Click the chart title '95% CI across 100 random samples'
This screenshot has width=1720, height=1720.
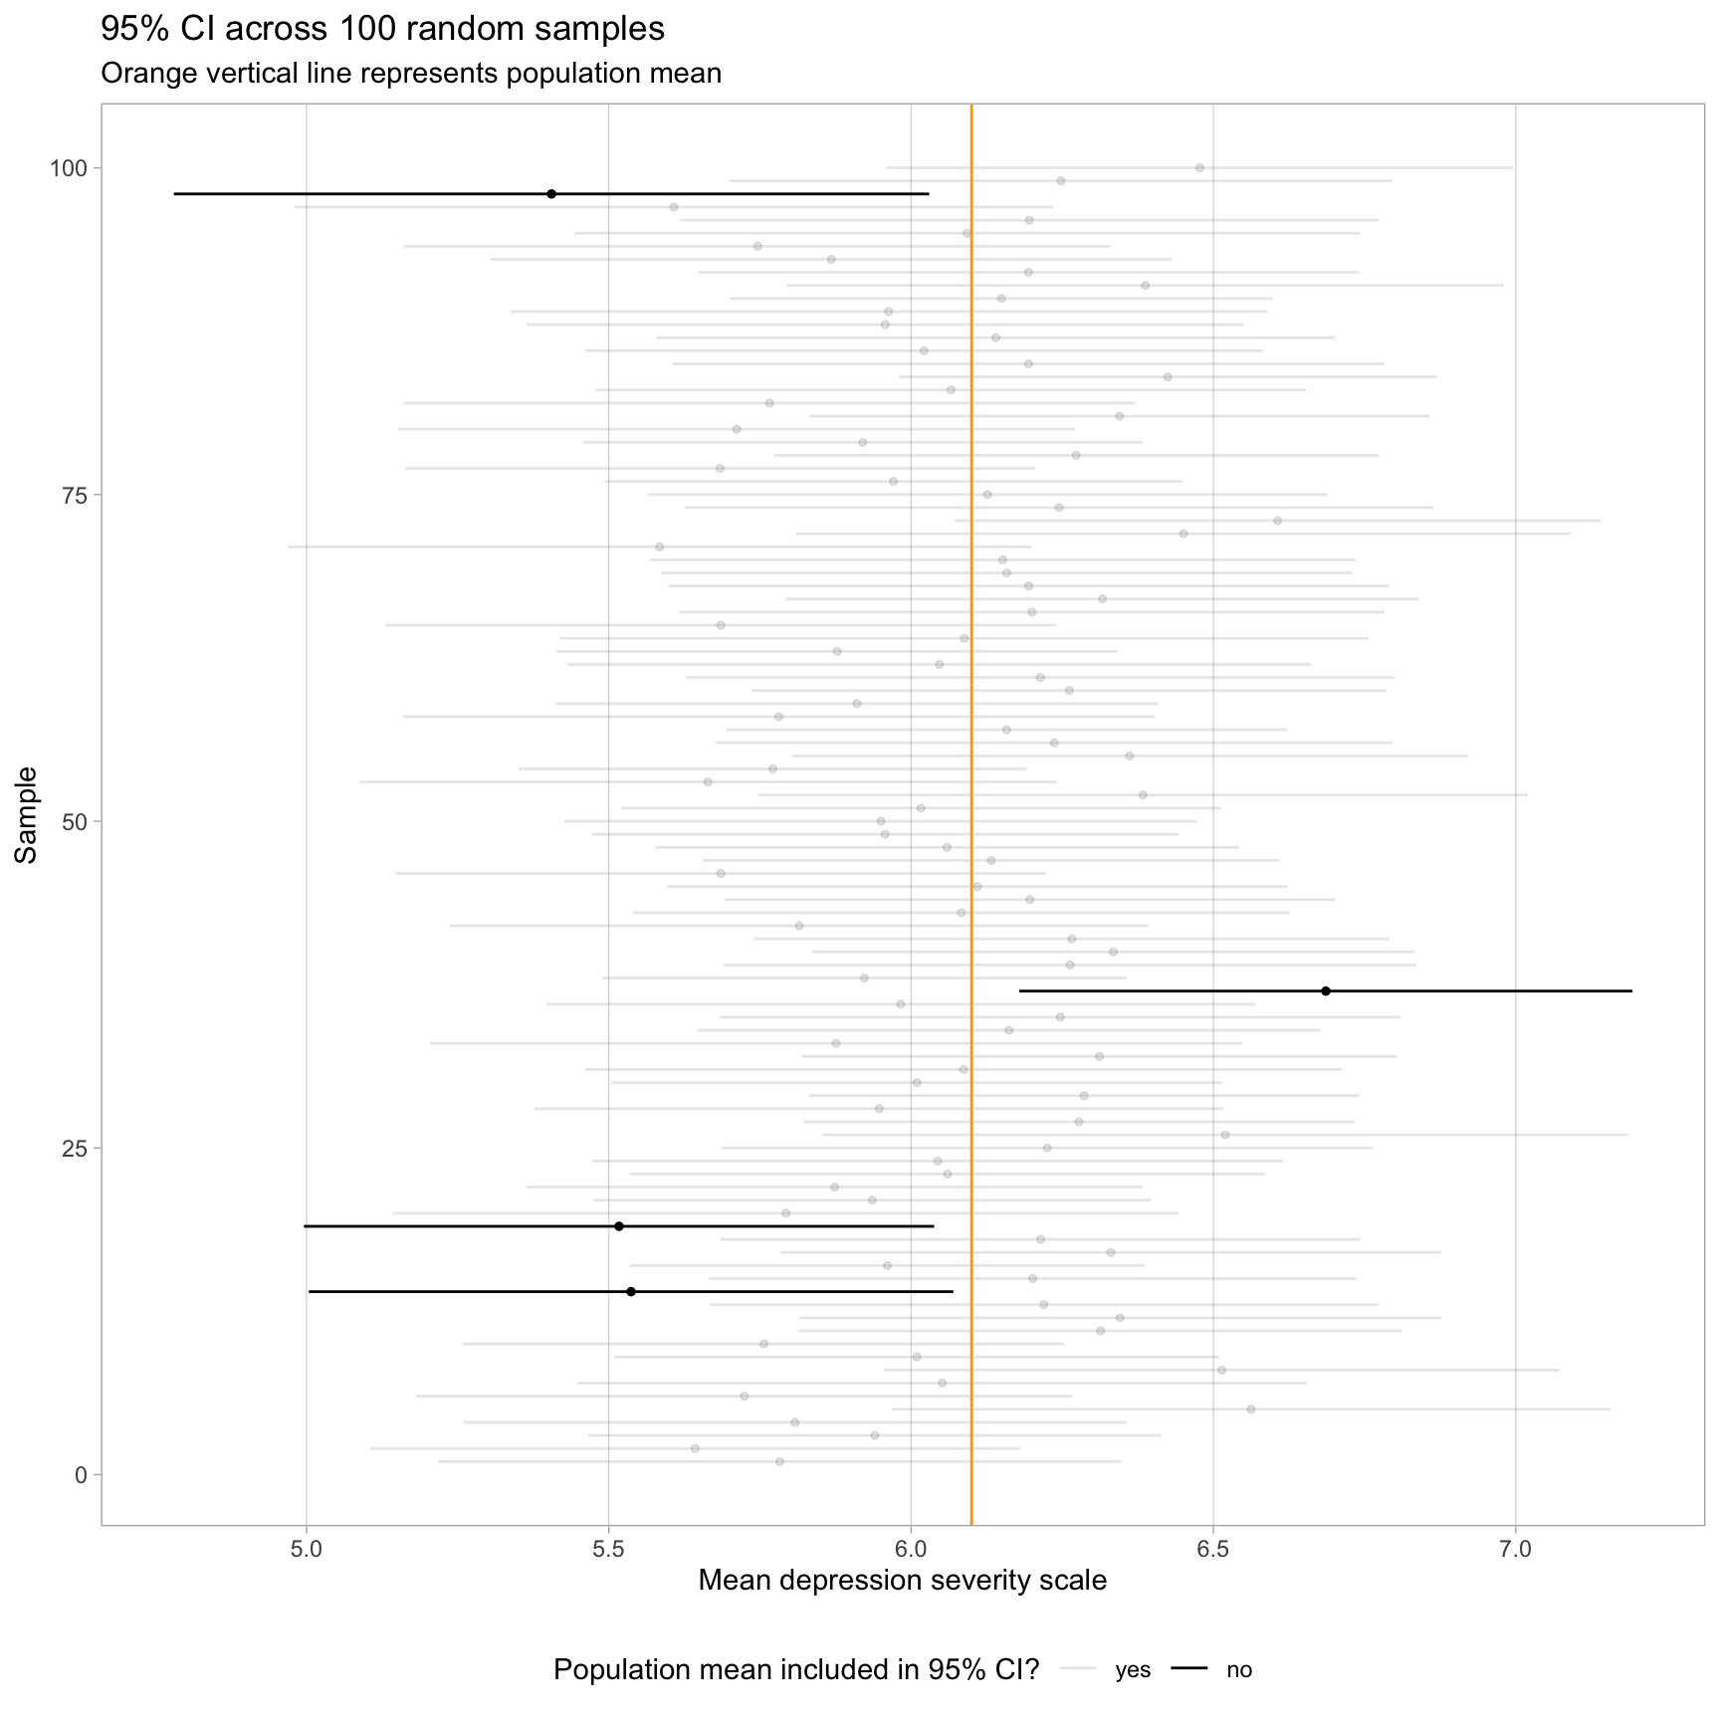pyautogui.click(x=382, y=30)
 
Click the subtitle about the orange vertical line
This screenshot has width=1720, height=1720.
pyautogui.click(x=410, y=74)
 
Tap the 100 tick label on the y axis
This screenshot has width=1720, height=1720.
pyautogui.click(x=70, y=168)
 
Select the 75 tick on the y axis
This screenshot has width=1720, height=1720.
pyautogui.click(x=76, y=495)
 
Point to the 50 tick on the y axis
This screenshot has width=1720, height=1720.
pyautogui.click(x=76, y=821)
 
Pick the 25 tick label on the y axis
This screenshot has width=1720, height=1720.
pyautogui.click(x=76, y=1148)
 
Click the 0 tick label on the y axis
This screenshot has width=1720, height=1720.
pyautogui.click(x=82, y=1474)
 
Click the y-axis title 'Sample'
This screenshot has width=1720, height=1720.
pyautogui.click(x=27, y=814)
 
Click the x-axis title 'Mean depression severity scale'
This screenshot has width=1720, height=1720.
pyautogui.click(x=902, y=1581)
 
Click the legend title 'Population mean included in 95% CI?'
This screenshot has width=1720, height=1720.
pyautogui.click(x=796, y=1669)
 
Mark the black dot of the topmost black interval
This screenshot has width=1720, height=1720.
pyautogui.click(x=551, y=194)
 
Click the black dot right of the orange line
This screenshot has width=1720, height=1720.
pyautogui.click(x=1326, y=991)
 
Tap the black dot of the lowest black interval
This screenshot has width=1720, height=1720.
pyautogui.click(x=631, y=1291)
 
